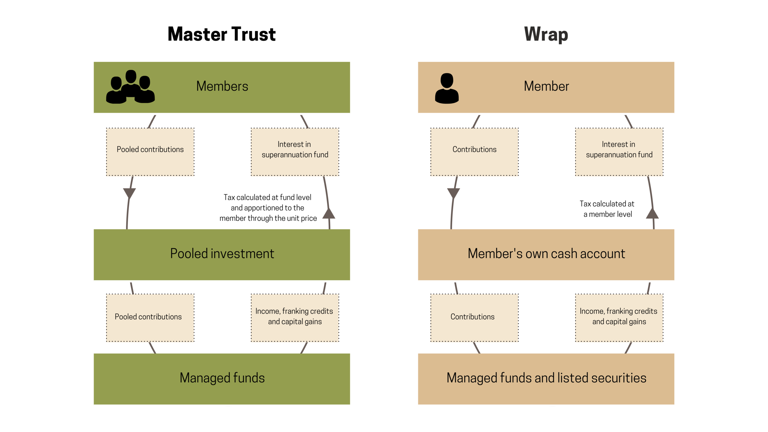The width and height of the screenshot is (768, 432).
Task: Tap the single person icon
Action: coord(447,88)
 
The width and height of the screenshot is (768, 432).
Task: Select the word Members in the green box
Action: coord(222,86)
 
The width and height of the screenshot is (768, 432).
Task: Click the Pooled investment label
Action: coord(222,254)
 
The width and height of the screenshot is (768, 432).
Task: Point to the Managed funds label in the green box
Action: coord(222,378)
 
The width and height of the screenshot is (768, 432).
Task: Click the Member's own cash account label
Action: coord(546,254)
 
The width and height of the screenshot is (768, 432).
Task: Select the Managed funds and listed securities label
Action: coord(546,378)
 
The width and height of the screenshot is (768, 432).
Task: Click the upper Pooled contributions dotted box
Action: coord(150,152)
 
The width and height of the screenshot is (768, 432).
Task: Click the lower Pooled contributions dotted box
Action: coord(150,318)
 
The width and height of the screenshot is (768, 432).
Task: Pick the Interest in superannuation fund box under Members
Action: coord(295,152)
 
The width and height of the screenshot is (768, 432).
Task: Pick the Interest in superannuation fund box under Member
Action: coord(619,152)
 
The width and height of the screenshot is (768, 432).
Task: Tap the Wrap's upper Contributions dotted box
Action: coord(474,152)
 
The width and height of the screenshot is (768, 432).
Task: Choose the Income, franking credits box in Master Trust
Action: coord(295,318)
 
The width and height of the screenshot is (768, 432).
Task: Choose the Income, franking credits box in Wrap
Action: coord(619,318)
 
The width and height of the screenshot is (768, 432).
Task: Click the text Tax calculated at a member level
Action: coord(607,209)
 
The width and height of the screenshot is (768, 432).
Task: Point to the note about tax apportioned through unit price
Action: coord(268,208)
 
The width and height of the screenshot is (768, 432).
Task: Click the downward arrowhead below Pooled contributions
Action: coord(129,193)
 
